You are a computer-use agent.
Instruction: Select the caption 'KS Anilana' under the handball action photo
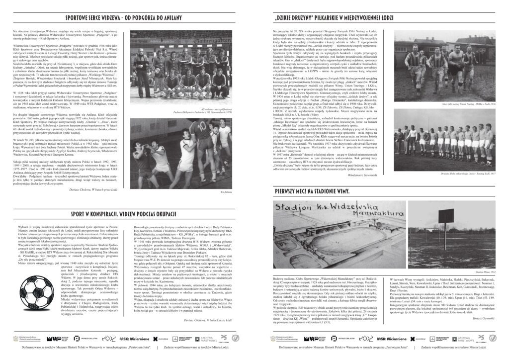tap(226, 190)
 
